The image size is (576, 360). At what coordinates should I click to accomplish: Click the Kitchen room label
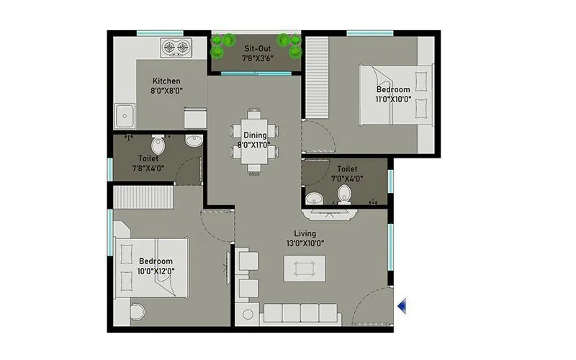pyautogui.click(x=166, y=81)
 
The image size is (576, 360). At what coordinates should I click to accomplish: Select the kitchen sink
pyautogui.click(x=125, y=115)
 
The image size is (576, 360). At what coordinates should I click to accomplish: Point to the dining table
pyautogui.click(x=254, y=141)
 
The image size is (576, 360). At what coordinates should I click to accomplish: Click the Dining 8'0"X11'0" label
pyautogui.click(x=254, y=140)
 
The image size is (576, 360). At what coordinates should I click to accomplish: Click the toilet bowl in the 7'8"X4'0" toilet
pyautogui.click(x=158, y=146)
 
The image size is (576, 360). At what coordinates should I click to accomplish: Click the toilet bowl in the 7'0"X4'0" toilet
pyautogui.click(x=344, y=193)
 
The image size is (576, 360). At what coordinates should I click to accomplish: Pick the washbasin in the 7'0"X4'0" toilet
pyautogui.click(x=313, y=198)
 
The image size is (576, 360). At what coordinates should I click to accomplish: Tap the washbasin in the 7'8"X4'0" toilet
pyautogui.click(x=193, y=141)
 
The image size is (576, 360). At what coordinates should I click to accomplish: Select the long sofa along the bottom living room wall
pyautogui.click(x=301, y=312)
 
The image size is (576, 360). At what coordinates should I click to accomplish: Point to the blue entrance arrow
pyautogui.click(x=402, y=306)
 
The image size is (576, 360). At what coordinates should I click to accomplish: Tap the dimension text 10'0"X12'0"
pyautogui.click(x=156, y=271)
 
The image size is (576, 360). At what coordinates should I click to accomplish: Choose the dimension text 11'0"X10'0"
pyautogui.click(x=393, y=100)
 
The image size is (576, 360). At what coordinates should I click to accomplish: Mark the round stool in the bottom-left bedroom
pyautogui.click(x=137, y=312)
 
